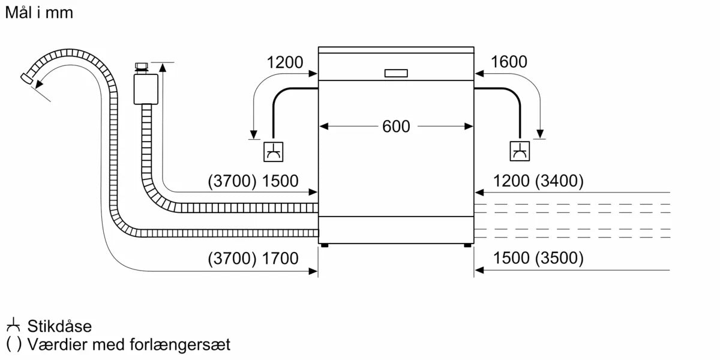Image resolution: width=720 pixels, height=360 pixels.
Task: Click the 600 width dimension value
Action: (x=396, y=127)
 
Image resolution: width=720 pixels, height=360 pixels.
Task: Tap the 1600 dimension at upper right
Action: (x=509, y=62)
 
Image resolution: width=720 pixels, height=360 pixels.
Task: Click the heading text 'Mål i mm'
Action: (x=38, y=13)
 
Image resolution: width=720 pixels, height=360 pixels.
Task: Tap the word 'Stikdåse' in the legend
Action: (x=59, y=326)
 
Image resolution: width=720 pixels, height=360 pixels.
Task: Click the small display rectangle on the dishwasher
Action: (x=396, y=73)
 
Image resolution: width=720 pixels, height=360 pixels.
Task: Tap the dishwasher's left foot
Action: (x=325, y=245)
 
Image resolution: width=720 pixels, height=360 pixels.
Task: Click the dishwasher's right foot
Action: (x=467, y=245)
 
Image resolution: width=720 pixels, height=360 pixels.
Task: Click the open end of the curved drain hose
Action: (x=26, y=78)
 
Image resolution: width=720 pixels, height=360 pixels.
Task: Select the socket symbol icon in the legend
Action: (x=13, y=326)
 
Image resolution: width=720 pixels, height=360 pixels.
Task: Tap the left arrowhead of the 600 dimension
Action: (x=322, y=127)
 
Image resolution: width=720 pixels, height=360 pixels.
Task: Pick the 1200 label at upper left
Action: (x=285, y=62)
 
